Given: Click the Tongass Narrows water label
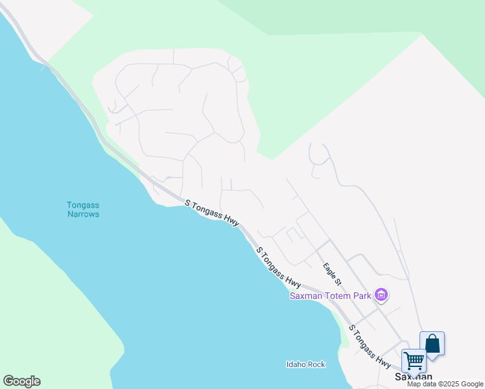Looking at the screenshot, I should click(x=83, y=209).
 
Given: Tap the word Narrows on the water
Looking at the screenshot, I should click(x=83, y=214).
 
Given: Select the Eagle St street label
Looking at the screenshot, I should click(x=333, y=274).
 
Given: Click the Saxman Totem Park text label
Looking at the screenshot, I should click(x=330, y=296).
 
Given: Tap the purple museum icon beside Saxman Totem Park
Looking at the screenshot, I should click(x=381, y=296).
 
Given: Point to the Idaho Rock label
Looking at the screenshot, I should click(x=305, y=364).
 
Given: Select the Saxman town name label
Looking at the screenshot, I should click(x=414, y=377).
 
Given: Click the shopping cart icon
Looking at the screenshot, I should click(x=414, y=360).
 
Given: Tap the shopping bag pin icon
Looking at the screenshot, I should click(x=432, y=343).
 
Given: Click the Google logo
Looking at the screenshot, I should click(x=21, y=381).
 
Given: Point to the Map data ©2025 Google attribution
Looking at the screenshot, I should click(x=445, y=384).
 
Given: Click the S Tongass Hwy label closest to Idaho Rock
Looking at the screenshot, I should click(x=370, y=346).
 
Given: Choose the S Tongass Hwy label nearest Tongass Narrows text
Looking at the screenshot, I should click(x=212, y=213).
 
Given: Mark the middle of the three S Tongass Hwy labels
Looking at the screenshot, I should click(x=279, y=267).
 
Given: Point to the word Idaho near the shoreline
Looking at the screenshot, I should click(x=296, y=364).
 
